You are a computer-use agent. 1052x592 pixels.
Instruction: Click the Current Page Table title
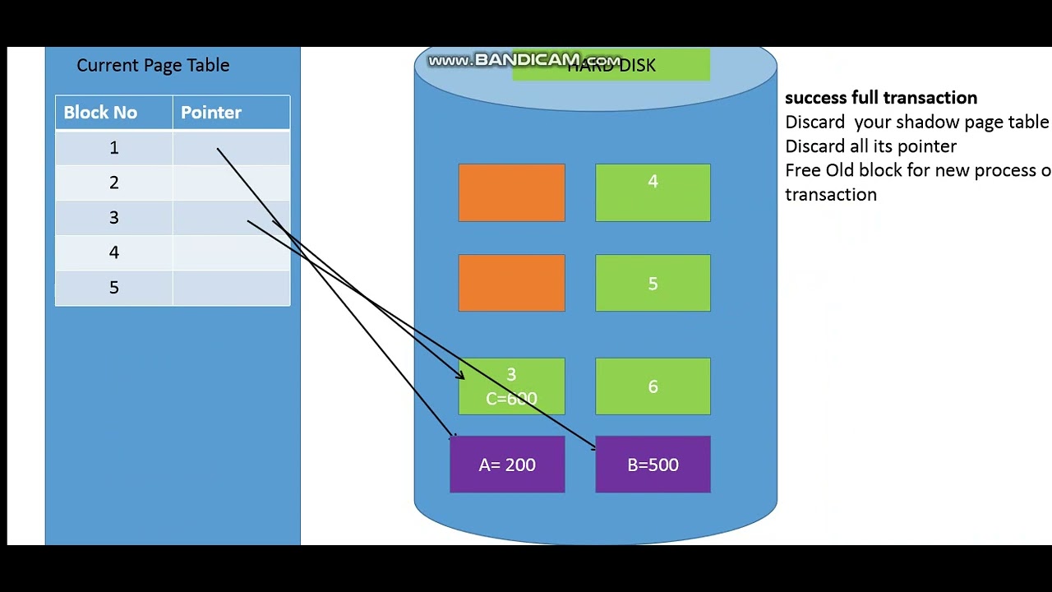[x=153, y=66]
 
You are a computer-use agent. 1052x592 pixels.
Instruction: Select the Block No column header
[x=100, y=113]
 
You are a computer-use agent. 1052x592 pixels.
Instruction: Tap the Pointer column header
[x=211, y=113]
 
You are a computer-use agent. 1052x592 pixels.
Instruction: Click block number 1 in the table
[x=114, y=148]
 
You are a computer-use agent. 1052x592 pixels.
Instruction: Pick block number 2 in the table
[x=114, y=183]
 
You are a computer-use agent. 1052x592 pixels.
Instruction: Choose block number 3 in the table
[x=114, y=218]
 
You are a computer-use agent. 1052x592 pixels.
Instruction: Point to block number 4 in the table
[x=114, y=252]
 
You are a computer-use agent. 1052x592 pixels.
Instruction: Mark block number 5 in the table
[x=114, y=288]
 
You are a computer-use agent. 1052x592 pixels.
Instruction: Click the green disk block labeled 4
[x=653, y=192]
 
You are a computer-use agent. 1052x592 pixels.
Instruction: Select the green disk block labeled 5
[x=653, y=283]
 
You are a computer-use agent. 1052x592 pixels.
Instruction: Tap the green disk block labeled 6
[x=653, y=386]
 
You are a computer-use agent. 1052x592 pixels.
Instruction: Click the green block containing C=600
[x=511, y=386]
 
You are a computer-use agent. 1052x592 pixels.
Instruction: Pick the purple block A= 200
[x=507, y=465]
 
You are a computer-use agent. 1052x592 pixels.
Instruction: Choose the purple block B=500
[x=653, y=465]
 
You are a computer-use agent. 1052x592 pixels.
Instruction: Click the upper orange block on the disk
[x=511, y=192]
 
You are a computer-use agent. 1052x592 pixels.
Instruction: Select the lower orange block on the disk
[x=511, y=283]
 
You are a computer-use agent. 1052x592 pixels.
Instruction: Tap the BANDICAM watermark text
[x=524, y=60]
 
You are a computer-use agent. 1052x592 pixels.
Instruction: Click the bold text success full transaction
[x=881, y=98]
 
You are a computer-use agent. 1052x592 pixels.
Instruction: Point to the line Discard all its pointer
[x=870, y=146]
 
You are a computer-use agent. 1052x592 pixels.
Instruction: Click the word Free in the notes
[x=803, y=170]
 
